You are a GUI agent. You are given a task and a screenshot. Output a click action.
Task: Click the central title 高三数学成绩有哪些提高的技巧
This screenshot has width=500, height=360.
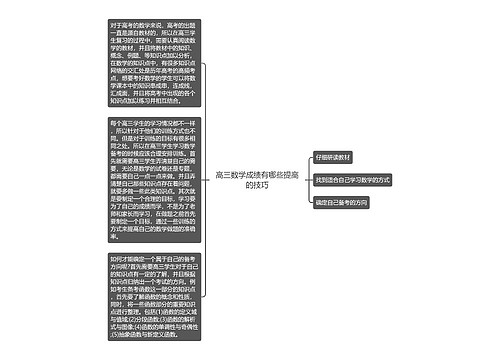point(251,180)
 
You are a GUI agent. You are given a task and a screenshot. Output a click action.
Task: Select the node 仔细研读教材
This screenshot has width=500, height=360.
point(333,158)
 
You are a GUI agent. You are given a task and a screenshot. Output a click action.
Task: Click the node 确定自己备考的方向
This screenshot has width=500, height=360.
point(342,202)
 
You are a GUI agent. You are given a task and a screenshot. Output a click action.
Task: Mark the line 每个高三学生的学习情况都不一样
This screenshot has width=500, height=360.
point(147,123)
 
